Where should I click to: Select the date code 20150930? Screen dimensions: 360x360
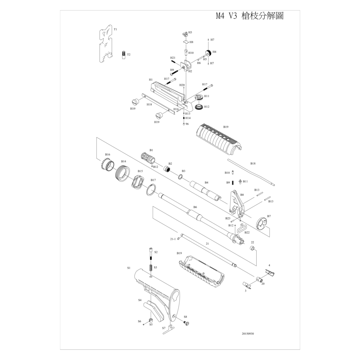coord(248,333)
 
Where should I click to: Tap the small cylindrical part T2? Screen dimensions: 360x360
coord(123,55)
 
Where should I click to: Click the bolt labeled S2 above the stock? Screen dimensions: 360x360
coord(151,255)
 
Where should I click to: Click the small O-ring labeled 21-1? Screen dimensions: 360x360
coord(179,239)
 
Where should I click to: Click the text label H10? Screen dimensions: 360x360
coord(191,53)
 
